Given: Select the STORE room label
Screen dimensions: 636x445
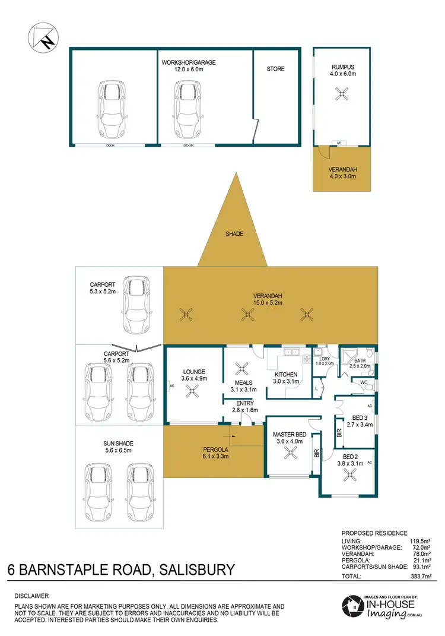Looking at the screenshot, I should pyautogui.click(x=275, y=69).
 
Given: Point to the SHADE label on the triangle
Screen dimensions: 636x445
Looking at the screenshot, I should pyautogui.click(x=234, y=234).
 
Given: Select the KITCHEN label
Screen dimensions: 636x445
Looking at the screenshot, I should pyautogui.click(x=285, y=374).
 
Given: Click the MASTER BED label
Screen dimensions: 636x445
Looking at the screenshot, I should pyautogui.click(x=290, y=434).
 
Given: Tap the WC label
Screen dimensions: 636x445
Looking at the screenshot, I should pyautogui.click(x=364, y=383).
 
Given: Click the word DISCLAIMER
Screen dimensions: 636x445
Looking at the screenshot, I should pyautogui.click(x=31, y=596).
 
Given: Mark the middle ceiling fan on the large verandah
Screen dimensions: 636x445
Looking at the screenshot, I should pyautogui.click(x=246, y=314).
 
